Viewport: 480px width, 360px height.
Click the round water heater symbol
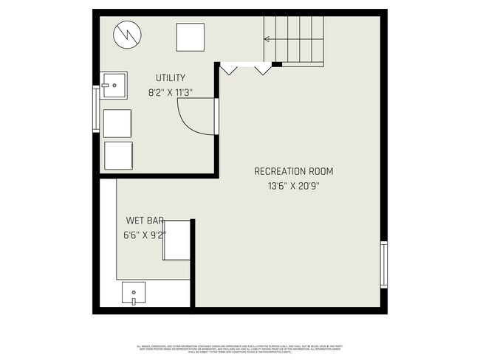(126, 35)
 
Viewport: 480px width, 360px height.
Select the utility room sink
(114, 85)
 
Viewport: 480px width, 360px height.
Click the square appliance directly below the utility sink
(117, 123)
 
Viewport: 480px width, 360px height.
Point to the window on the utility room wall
(95, 108)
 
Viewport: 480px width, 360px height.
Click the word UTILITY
(170, 78)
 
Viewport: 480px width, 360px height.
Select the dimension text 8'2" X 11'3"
(171, 92)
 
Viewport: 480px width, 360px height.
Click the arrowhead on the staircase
(267, 40)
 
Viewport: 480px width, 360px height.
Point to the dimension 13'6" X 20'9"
(294, 186)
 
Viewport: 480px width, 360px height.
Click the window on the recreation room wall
(383, 264)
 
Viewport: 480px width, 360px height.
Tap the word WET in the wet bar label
(135, 221)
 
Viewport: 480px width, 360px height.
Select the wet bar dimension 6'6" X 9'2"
(145, 235)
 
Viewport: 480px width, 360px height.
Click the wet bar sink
(134, 293)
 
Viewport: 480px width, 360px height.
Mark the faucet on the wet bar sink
(134, 300)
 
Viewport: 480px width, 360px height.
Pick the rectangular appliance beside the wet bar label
(177, 240)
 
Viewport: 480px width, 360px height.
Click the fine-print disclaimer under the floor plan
(240, 347)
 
